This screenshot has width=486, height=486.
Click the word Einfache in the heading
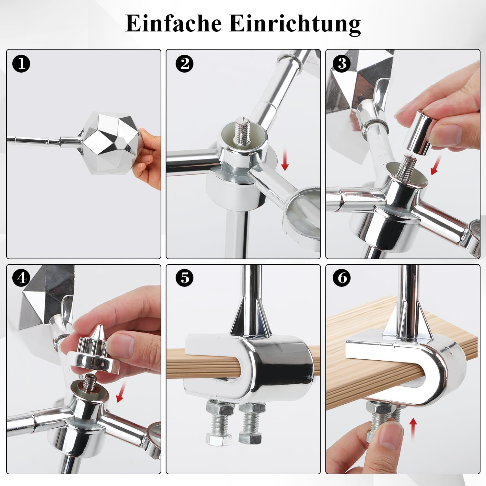point(173,23)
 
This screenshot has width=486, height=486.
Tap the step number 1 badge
point(21,64)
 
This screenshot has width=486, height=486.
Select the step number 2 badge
point(185,64)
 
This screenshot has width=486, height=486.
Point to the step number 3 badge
point(342,64)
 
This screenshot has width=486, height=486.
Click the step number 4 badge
point(21,278)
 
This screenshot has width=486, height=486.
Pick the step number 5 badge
point(185,278)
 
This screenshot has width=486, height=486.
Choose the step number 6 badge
point(342,278)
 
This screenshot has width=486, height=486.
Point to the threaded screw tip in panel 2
point(242,131)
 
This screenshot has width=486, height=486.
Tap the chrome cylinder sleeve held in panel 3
point(418,132)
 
